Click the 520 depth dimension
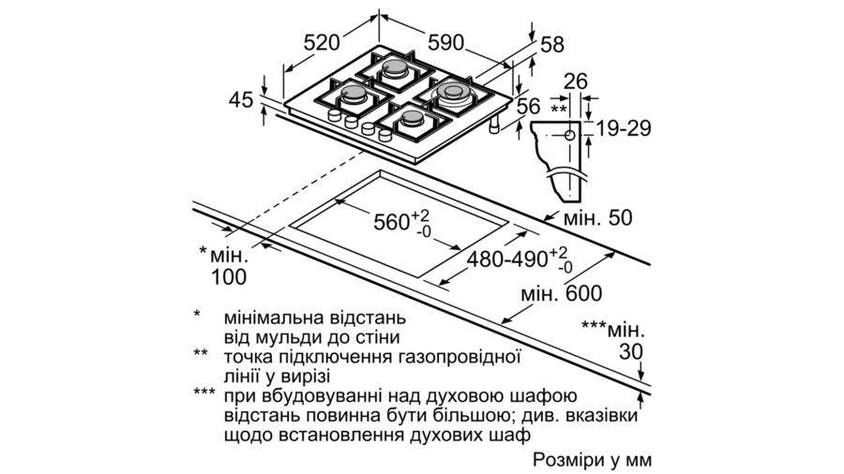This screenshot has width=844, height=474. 322,43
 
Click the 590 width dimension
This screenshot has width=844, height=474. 446,42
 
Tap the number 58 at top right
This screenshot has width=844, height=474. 551,45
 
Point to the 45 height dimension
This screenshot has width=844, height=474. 241,99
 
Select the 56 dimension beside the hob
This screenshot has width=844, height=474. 528,106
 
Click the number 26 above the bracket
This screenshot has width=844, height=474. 576,81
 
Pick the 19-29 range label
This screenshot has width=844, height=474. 624,128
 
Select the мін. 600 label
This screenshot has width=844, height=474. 562,293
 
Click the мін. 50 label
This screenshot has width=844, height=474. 597,218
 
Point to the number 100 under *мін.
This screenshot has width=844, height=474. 228,276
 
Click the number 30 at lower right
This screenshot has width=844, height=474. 631,352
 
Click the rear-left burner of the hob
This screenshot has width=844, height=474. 397,70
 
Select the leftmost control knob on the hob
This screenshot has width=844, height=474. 335,115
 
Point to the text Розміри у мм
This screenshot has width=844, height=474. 592,460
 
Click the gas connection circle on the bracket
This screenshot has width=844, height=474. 570,136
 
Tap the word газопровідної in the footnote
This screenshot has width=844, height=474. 460,358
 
